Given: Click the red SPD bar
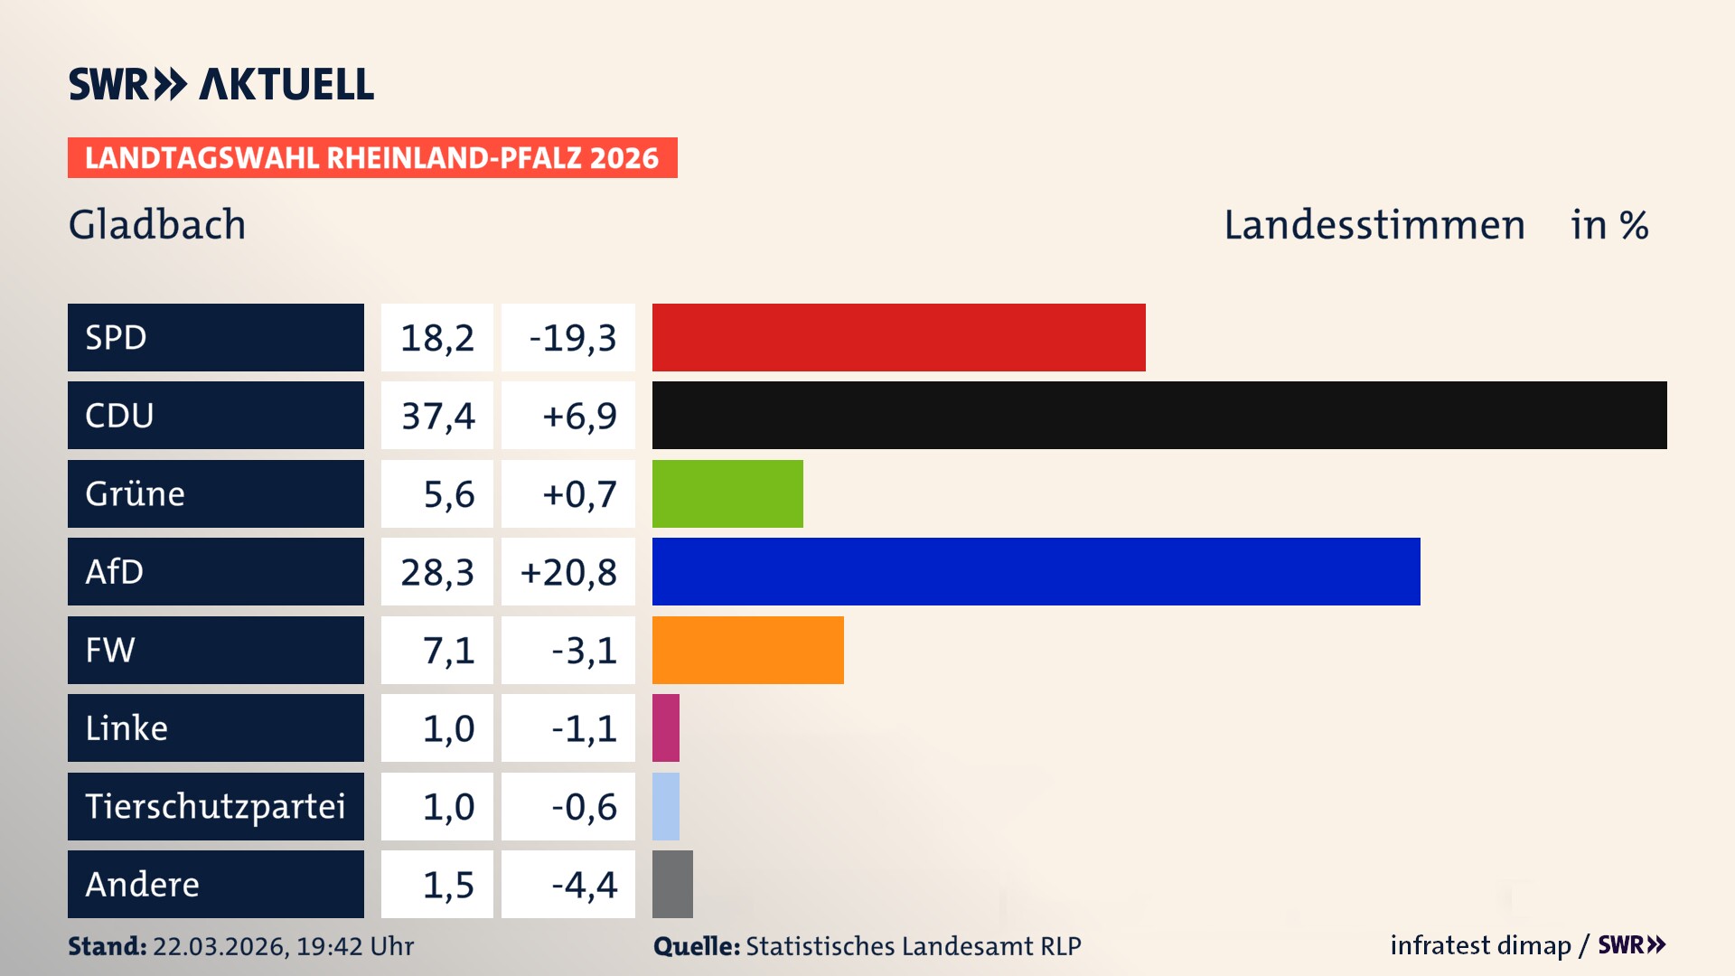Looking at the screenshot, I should (x=898, y=337).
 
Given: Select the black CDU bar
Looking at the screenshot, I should (x=1158, y=415).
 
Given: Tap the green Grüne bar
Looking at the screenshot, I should (x=727, y=493).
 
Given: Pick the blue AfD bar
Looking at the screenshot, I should (x=1036, y=571).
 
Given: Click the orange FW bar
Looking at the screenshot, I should (x=747, y=650).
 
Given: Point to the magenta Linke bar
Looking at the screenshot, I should (x=666, y=727).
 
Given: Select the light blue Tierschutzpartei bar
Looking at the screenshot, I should (x=666, y=806).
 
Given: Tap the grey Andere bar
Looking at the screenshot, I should (x=672, y=884).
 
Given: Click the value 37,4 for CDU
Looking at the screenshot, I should (x=437, y=416).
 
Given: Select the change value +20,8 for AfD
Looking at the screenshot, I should (x=568, y=572).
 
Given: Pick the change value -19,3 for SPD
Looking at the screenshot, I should (x=572, y=338).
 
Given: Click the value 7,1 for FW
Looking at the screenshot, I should (x=448, y=651).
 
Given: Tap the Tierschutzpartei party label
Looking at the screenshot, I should (x=215, y=806).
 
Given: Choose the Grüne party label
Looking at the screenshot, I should (x=136, y=493).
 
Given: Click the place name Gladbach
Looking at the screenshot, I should (x=157, y=224).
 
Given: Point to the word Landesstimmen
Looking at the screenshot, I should (x=1374, y=224).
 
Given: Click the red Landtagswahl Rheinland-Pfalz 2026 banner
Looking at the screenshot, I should (x=372, y=158).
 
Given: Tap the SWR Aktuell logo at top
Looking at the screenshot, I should (x=220, y=84).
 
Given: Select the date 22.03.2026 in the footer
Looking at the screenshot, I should (x=220, y=946).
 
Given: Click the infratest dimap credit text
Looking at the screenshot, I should (x=1480, y=945).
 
